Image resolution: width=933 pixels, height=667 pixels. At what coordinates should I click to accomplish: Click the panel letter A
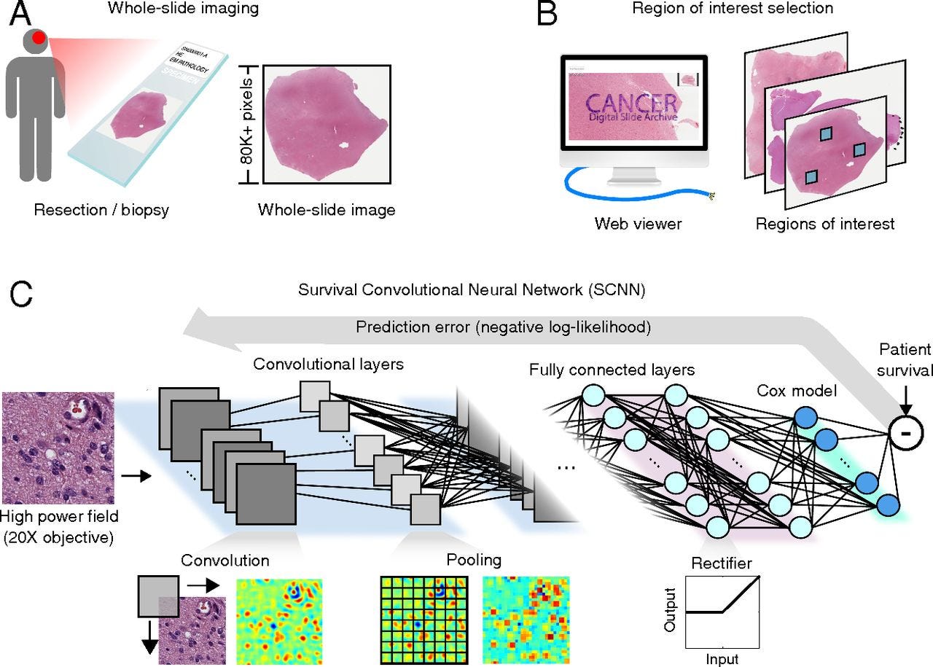point(20,15)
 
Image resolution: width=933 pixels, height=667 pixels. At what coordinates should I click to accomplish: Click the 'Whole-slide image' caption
point(326,211)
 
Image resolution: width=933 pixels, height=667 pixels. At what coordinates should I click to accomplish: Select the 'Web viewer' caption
point(638,223)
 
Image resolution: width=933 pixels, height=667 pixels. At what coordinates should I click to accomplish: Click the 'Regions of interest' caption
point(824,223)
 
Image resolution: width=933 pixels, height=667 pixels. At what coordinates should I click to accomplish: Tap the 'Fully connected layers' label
point(612,370)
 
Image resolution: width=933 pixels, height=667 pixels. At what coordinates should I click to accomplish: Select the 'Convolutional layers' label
point(328,363)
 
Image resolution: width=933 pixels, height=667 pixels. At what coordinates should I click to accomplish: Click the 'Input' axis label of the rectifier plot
point(722,659)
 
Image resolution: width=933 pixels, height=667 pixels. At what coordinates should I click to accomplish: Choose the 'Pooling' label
point(475,560)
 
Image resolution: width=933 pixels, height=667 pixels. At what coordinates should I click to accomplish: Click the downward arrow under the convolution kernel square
point(149,641)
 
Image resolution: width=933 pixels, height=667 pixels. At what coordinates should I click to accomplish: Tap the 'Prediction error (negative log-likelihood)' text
point(503,327)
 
